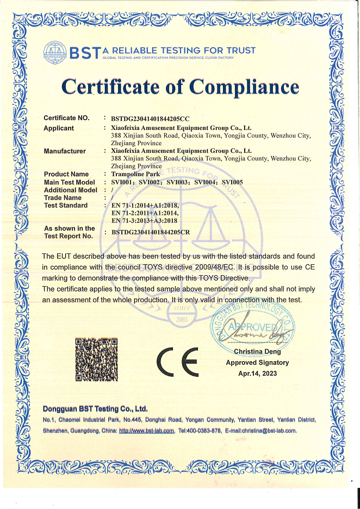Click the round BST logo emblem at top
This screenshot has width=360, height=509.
click(56, 53)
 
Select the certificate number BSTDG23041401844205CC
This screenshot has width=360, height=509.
click(150, 118)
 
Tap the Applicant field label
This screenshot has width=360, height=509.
click(59, 128)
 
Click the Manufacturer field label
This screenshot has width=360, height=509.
click(65, 151)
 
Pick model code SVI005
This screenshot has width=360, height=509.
click(233, 182)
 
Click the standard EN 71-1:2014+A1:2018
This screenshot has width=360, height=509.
click(144, 206)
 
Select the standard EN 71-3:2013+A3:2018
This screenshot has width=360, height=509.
click(144, 221)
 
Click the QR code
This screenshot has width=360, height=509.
click(96, 359)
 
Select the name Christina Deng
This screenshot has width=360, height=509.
click(258, 352)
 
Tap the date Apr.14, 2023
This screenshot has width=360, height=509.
click(258, 373)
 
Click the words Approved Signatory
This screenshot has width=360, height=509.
click(258, 363)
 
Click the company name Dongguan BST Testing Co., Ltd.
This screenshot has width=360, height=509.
click(95, 408)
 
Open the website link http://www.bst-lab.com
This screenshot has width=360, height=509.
click(147, 431)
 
